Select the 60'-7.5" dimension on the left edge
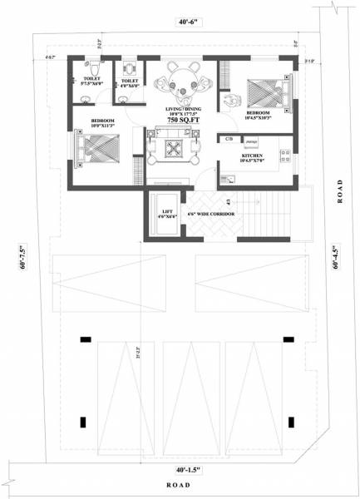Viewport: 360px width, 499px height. click(22, 257)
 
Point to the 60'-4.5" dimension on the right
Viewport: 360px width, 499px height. click(335, 257)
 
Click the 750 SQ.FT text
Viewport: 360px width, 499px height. click(180, 121)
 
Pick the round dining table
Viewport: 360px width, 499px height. click(180, 81)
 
